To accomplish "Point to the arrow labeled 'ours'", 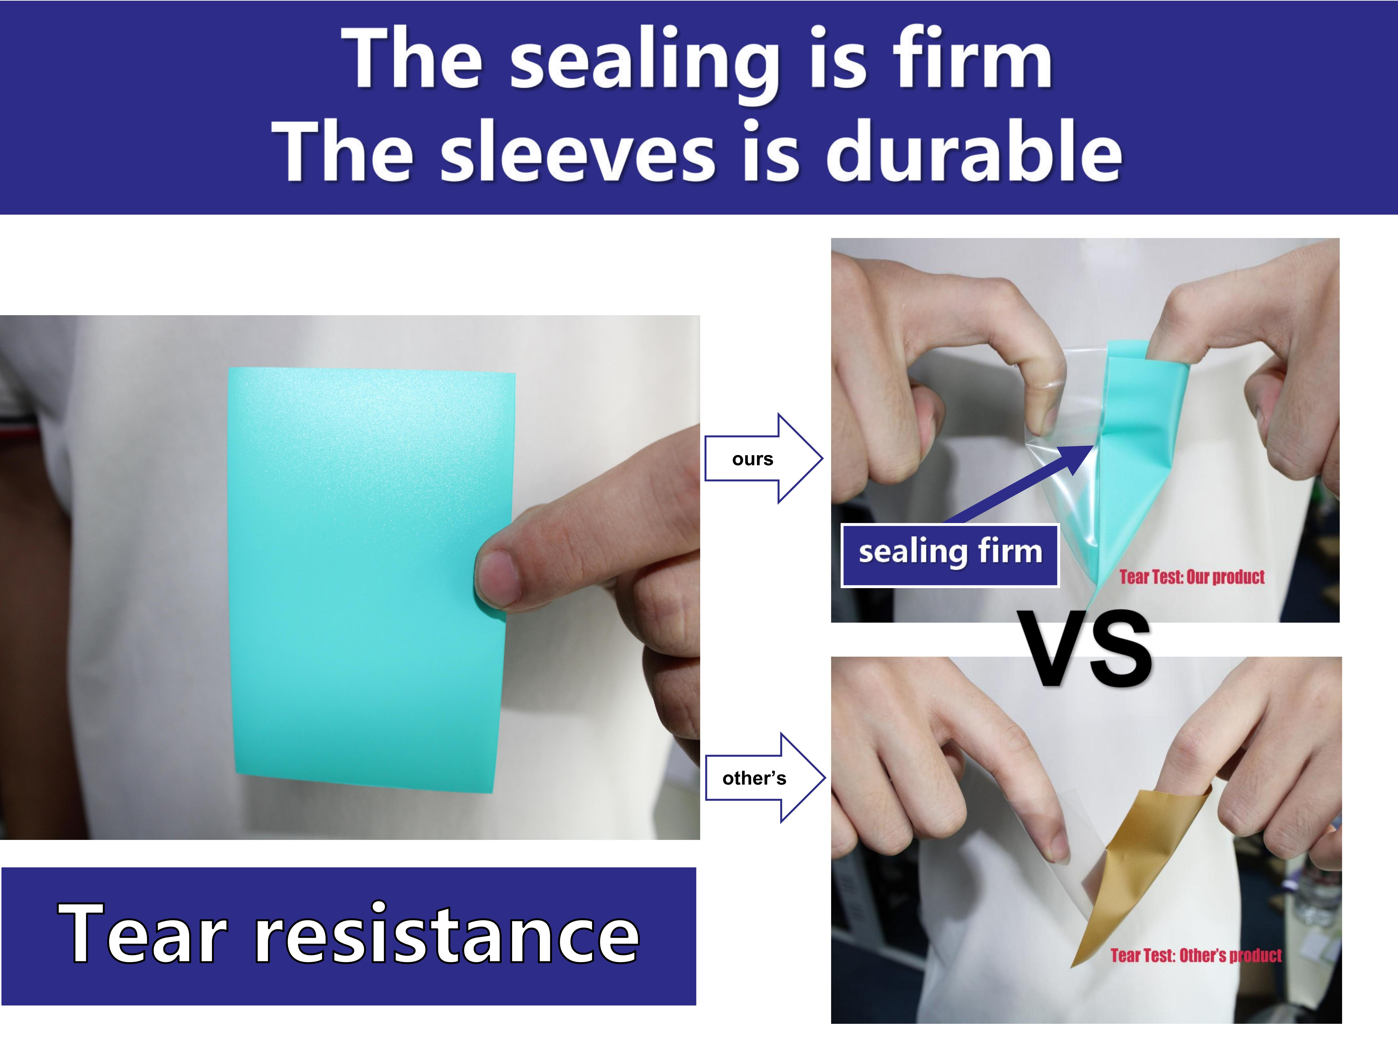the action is tap(764, 459).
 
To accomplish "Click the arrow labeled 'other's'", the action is tap(765, 778).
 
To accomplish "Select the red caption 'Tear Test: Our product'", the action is tap(1192, 577).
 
